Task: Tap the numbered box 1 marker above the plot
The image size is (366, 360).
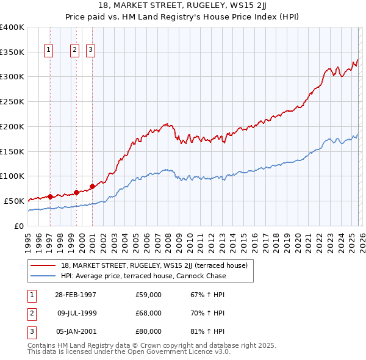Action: [49, 51]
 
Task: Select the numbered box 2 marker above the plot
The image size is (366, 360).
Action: [74, 51]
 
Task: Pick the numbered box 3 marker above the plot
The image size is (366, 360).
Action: [91, 51]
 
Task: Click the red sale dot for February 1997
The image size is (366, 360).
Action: [50, 196]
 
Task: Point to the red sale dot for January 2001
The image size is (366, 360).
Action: [92, 186]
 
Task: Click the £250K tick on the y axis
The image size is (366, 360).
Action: [12, 102]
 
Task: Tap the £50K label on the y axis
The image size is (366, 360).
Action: [14, 201]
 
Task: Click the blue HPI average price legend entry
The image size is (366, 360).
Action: [143, 276]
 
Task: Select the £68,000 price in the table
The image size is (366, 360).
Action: [149, 313]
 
